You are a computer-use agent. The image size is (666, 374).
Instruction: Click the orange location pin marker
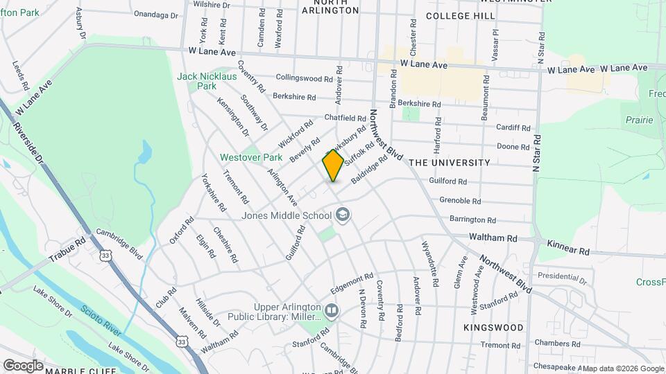pos(333,166)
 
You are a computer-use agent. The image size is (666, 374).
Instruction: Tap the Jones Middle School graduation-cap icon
pos(342,215)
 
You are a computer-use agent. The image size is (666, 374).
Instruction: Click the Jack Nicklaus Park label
pos(207,81)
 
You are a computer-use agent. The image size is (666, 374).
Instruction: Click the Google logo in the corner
pos(24,365)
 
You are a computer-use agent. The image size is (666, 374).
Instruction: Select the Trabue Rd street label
pos(67,251)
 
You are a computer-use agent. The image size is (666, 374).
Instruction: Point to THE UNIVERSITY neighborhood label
pos(450,163)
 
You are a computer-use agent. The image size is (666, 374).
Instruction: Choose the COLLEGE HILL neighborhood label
pos(459,15)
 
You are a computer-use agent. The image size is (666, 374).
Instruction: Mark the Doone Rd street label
pos(513,146)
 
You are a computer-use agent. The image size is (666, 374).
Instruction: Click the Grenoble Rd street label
pos(460,201)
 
